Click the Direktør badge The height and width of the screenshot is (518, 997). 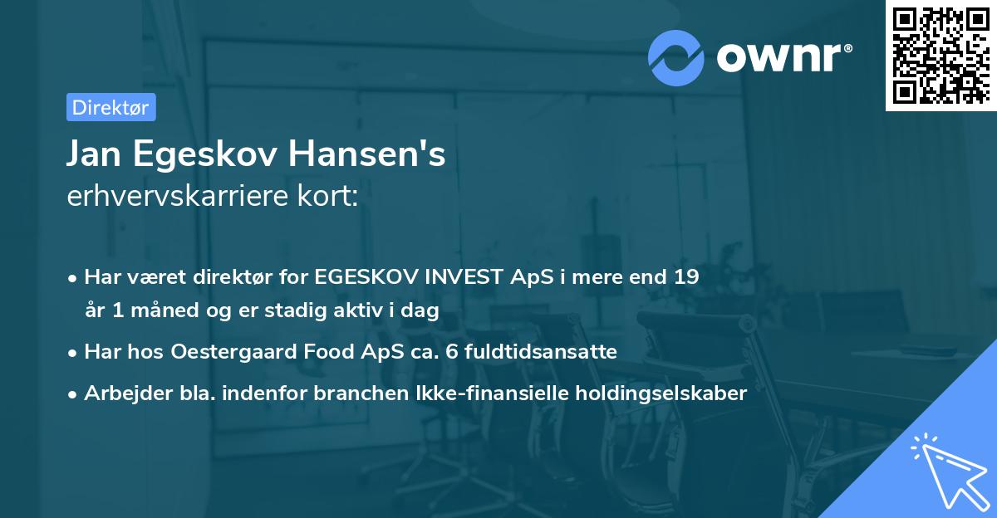coord(111,107)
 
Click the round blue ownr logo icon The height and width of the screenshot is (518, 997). coord(676,58)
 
